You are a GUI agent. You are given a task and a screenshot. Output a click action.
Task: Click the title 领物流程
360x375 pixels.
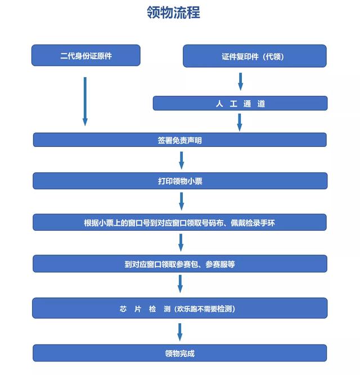(173, 12)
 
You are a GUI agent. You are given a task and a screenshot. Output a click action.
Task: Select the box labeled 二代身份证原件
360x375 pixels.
(85, 55)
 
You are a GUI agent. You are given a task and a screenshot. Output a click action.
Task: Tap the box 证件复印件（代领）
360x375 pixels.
(255, 56)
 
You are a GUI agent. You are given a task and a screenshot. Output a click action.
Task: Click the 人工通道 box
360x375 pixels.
(240, 103)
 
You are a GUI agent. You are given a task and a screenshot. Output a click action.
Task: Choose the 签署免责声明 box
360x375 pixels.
(180, 140)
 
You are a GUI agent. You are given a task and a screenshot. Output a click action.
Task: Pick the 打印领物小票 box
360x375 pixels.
(180, 181)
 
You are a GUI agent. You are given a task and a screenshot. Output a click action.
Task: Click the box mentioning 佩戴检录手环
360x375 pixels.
(179, 222)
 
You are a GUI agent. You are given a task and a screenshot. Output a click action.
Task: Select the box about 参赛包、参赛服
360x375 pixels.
(180, 264)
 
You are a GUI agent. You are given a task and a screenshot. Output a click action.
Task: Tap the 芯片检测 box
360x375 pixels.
(180, 308)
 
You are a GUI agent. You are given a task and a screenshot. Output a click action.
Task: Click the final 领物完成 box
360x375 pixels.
(179, 352)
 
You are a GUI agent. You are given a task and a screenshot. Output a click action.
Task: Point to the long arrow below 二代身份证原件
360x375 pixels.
(85, 101)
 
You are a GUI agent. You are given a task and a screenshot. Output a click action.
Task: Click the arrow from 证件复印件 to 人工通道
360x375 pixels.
(241, 82)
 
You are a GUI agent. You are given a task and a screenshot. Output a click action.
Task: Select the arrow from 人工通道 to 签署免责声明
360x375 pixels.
(240, 122)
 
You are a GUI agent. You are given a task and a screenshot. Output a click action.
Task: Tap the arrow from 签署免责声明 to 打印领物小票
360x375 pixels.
(182, 160)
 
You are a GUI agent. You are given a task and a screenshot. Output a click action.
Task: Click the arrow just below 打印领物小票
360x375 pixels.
(182, 202)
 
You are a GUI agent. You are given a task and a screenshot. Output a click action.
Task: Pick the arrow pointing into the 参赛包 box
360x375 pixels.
(181, 243)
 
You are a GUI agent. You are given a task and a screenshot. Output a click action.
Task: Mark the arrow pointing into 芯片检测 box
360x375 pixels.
(181, 284)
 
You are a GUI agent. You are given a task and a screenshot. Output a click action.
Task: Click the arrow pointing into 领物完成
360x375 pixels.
(180, 332)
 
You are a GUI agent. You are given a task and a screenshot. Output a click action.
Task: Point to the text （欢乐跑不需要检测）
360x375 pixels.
(205, 309)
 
